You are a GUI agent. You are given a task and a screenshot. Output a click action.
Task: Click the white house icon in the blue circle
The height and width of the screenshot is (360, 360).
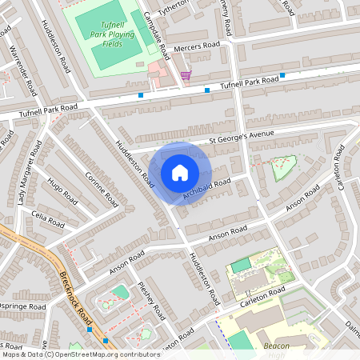pyautogui.click(x=180, y=173)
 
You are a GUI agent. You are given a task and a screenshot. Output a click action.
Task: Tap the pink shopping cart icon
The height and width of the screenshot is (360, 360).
pyautogui.click(x=186, y=75)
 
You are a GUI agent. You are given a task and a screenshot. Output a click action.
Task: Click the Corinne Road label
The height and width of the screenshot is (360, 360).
pyautogui.click(x=101, y=189)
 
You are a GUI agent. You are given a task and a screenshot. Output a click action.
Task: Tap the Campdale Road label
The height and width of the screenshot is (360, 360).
pyautogui.click(x=157, y=36)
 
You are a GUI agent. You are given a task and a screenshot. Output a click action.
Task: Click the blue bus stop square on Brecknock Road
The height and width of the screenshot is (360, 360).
pyautogui.click(x=90, y=329)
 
